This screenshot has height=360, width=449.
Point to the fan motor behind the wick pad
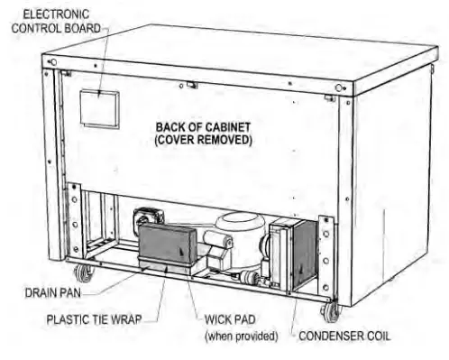pyautogui.click(x=147, y=221)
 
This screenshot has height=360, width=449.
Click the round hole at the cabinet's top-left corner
pyautogui.click(x=53, y=63)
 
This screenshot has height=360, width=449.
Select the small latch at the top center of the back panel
pyautogui.click(x=192, y=85)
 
